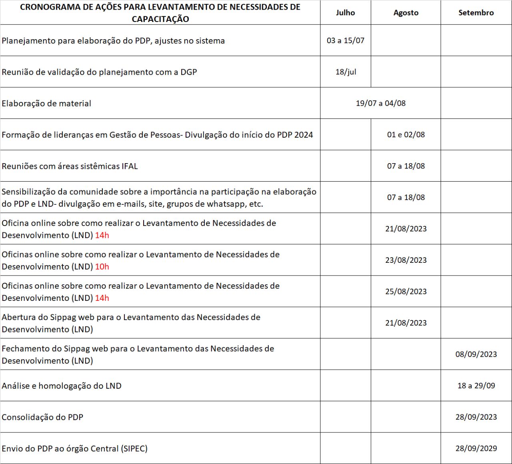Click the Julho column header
[345, 13]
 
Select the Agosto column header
[406, 13]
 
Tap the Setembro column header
[476, 13]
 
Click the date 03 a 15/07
[345, 40]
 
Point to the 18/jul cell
[346, 72]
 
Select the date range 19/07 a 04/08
[380, 103]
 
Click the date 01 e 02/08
[406, 135]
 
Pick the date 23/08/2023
[406, 260]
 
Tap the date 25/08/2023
[406, 292]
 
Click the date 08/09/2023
[476, 354]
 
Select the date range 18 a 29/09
[476, 386]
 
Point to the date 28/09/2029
[476, 448]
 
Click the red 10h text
[102, 267]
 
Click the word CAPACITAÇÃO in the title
[160, 19]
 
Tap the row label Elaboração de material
[46, 104]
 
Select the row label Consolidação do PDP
[42, 417]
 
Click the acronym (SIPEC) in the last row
[134, 449]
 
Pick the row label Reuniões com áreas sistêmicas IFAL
[70, 166]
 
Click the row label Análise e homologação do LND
[62, 386]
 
